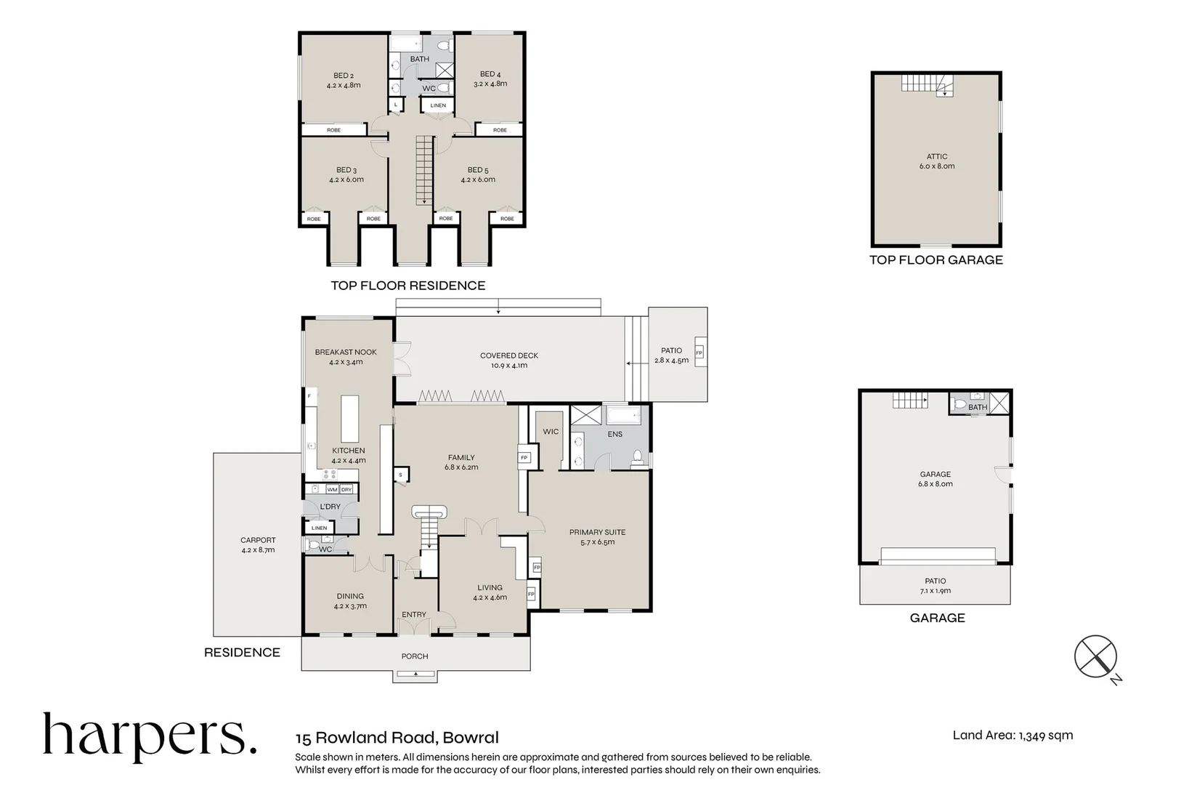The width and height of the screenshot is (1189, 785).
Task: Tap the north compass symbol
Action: pos(1095,656)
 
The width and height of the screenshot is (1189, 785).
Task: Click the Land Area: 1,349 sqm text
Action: pos(1013,735)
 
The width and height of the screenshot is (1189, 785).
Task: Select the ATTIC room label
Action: pos(937,156)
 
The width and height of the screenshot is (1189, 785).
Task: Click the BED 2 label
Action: pos(344,76)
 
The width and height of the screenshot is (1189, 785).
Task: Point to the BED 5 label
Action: pos(478,170)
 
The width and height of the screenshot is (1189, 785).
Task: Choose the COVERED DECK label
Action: pos(509,355)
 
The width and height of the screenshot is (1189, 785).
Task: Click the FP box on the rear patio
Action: pos(699,353)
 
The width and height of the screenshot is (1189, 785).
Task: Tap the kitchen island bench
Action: pos(350,419)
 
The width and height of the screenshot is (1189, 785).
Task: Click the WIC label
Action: pos(551,432)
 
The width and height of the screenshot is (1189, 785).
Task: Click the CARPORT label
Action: pos(258,540)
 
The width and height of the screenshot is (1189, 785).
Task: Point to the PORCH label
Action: pos(415,656)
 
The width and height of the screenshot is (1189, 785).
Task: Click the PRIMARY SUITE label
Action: pos(597,532)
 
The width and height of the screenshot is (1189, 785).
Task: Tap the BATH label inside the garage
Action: pos(978,407)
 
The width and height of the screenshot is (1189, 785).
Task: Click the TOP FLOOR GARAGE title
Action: pos(936,260)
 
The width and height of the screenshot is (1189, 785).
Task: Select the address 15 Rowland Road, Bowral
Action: pos(397,738)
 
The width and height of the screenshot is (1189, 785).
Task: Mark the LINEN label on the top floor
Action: pos(438,105)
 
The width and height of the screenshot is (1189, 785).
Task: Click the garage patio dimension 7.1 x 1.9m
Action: pos(935,591)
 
